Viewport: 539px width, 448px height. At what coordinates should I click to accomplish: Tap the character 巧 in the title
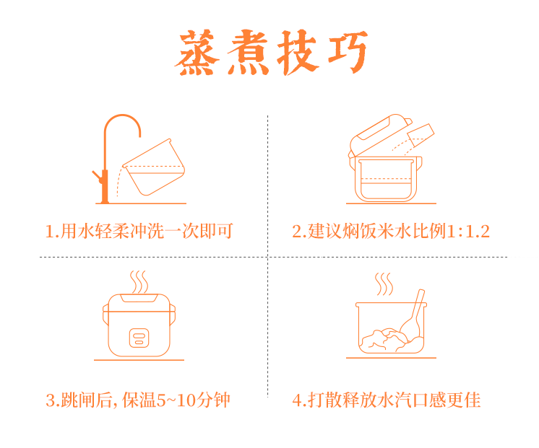pyautogui.click(x=348, y=52)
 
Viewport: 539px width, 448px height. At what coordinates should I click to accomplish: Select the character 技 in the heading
pyautogui.click(x=298, y=52)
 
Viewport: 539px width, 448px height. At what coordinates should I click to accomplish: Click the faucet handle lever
pyautogui.click(x=98, y=177)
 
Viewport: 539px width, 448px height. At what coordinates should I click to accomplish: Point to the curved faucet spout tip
pyautogui.click(x=139, y=135)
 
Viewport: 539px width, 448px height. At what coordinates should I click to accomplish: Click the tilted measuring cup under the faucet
pyautogui.click(x=154, y=167)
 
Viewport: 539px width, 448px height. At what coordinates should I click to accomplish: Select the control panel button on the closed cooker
pyautogui.click(x=139, y=338)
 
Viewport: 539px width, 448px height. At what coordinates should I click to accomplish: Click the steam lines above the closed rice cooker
pyautogui.click(x=139, y=282)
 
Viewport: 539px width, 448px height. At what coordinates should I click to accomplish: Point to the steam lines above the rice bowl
pyautogui.click(x=384, y=284)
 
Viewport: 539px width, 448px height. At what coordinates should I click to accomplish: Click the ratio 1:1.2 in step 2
pyautogui.click(x=468, y=231)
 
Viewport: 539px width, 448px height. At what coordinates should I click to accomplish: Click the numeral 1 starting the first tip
pyautogui.click(x=50, y=232)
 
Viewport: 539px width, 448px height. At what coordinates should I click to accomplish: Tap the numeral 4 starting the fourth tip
pyautogui.click(x=297, y=400)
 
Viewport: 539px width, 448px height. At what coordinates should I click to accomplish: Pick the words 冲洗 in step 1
pyautogui.click(x=147, y=231)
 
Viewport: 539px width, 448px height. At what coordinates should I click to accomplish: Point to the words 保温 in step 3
pyautogui.click(x=139, y=400)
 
